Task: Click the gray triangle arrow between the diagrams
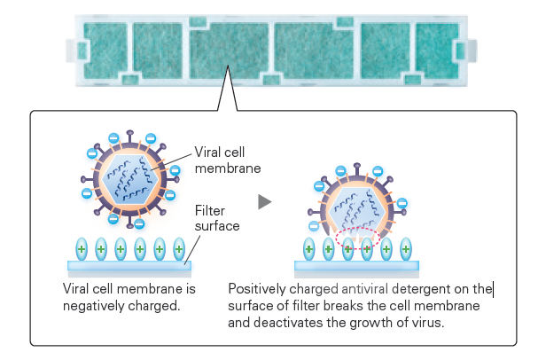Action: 263,202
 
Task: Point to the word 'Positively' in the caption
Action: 256,289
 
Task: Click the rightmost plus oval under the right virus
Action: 407,248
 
